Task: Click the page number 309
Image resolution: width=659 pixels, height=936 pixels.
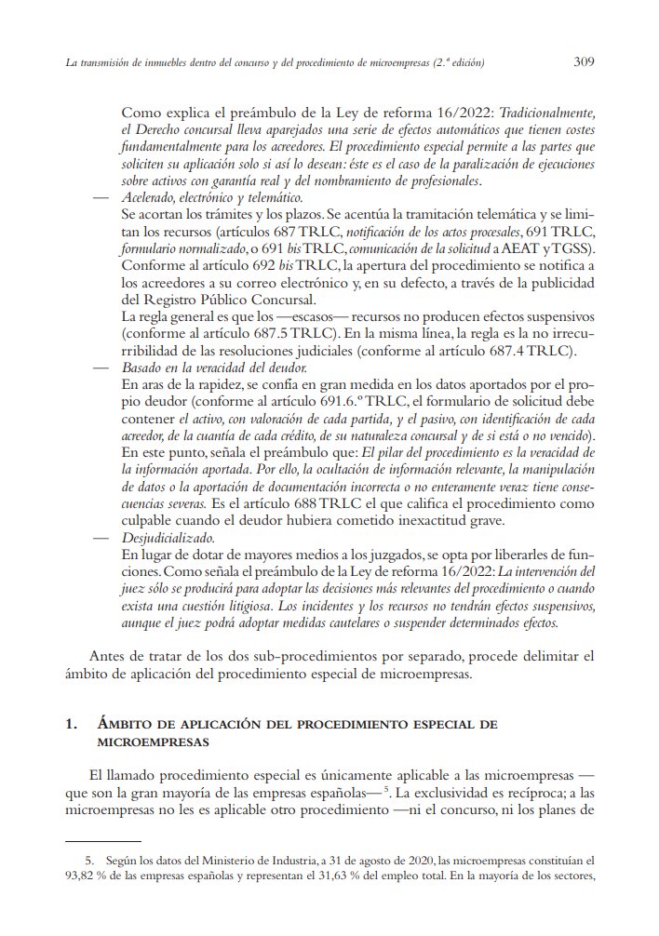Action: pos(584,62)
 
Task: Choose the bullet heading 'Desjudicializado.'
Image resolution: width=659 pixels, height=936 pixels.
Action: pos(168,537)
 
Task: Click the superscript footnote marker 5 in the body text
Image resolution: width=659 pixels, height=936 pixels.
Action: pos(385,789)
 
